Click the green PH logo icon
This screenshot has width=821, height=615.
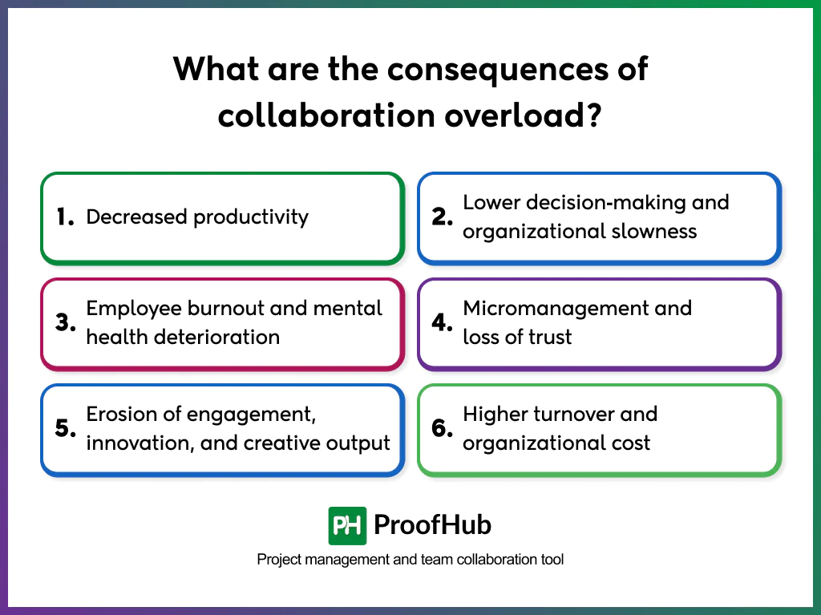click(x=347, y=526)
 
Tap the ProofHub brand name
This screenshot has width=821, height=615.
click(x=433, y=526)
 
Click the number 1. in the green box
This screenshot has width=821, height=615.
click(x=65, y=216)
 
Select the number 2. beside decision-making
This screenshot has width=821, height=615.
click(x=443, y=216)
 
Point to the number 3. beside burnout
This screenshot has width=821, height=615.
click(x=65, y=322)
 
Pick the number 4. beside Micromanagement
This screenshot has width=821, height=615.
click(x=443, y=322)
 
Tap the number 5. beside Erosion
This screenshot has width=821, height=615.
click(x=65, y=428)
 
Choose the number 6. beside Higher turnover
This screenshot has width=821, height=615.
click(x=443, y=428)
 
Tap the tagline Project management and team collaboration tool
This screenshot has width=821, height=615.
click(x=410, y=560)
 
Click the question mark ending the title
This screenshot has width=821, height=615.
click(x=592, y=115)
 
